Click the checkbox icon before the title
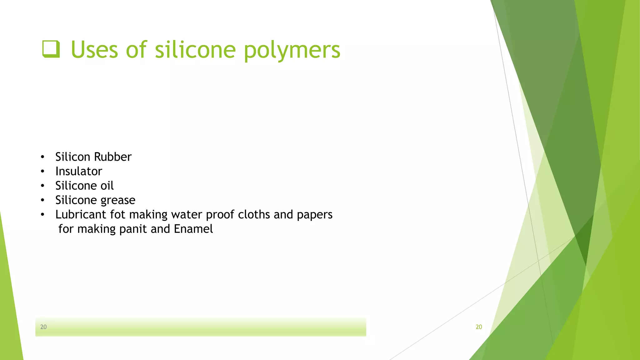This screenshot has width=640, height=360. (x=51, y=49)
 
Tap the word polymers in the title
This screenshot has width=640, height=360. (x=292, y=50)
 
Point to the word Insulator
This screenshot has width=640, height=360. (x=79, y=171)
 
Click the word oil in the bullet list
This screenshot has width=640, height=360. (x=107, y=186)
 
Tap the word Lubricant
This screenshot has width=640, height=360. (x=81, y=214)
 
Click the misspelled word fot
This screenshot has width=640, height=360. (x=118, y=214)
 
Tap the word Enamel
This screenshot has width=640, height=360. (x=193, y=229)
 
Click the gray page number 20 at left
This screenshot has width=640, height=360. (x=43, y=327)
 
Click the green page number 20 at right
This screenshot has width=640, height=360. (x=479, y=327)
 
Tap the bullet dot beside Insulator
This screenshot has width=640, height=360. (x=42, y=171)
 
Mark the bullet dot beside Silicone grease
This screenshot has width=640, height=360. (x=42, y=200)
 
